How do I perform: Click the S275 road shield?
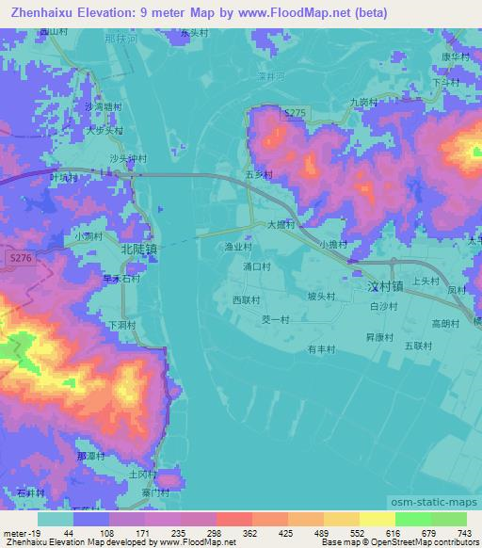tap(295, 112)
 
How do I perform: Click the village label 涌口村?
tap(256, 266)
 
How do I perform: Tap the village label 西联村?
tap(246, 299)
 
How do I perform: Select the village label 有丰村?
tap(322, 348)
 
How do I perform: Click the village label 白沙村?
tap(386, 307)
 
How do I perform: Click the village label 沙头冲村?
tap(126, 158)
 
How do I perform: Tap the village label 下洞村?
tap(123, 324)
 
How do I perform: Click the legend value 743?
tap(460, 535)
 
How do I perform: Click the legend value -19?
tap(16, 535)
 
